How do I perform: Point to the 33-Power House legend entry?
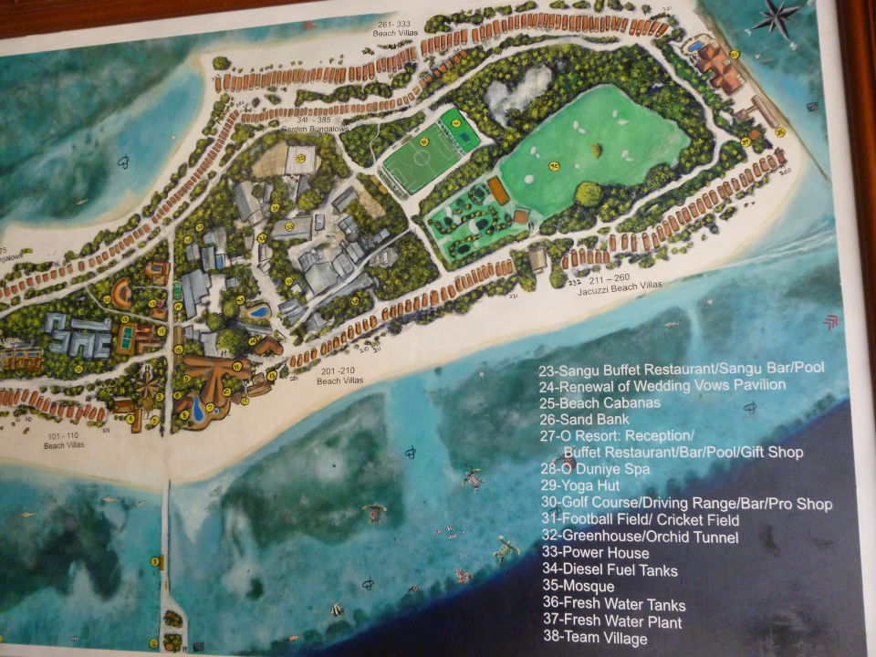[594, 553]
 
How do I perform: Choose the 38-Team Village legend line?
[593, 638]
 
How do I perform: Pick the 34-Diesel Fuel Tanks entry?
[608, 570]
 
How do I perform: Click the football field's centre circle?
[422, 157]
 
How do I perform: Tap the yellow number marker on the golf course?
[553, 166]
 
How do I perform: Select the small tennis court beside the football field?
[458, 129]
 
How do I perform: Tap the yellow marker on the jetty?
[154, 561]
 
